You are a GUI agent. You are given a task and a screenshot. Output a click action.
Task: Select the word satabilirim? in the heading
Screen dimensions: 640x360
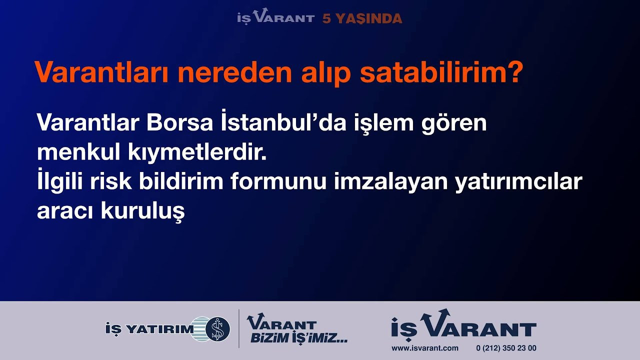coord(441,72)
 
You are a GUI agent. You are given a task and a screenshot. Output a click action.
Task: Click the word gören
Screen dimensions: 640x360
coord(454,125)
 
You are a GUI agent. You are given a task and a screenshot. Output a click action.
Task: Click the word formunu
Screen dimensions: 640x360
coord(278,181)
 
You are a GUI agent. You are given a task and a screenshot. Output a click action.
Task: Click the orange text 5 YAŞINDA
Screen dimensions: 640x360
coord(362,18)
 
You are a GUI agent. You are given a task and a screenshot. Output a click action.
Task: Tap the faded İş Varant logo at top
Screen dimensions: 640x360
coord(275,16)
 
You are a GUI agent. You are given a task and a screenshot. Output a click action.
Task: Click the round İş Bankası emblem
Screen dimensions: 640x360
coord(217,329)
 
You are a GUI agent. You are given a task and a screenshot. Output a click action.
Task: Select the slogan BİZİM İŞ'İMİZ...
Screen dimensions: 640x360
coord(299,338)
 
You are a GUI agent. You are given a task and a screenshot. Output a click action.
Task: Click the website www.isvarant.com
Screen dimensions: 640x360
coord(425,348)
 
